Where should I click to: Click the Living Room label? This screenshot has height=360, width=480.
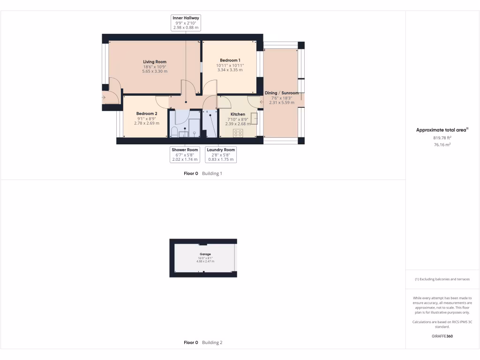pyautogui.click(x=155, y=62)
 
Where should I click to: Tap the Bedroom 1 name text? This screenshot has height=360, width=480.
pyautogui.click(x=230, y=60)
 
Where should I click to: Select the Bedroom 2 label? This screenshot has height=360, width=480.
pyautogui.click(x=147, y=114)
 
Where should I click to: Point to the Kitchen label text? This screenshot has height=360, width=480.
pyautogui.click(x=238, y=114)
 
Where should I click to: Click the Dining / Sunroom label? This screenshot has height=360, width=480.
pyautogui.click(x=281, y=93)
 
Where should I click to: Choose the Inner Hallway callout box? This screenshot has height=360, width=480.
pyautogui.click(x=186, y=22)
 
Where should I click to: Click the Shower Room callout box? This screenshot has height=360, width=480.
pyautogui.click(x=185, y=155)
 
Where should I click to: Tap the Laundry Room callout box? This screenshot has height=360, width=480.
pyautogui.click(x=221, y=155)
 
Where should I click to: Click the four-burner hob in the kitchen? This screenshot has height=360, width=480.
pyautogui.click(x=238, y=133)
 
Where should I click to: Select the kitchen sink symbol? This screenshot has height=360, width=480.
pyautogui.click(x=255, y=119)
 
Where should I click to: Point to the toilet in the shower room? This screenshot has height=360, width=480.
pyautogui.click(x=174, y=132)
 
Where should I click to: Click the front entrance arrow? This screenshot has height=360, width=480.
pyautogui.click(x=104, y=97)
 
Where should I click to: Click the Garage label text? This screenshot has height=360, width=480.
pyautogui.click(x=205, y=254)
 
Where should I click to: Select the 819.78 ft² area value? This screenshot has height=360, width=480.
pyautogui.click(x=442, y=138)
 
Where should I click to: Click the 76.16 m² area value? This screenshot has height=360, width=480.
pyautogui.click(x=442, y=145)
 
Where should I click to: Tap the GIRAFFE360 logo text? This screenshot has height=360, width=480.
pyautogui.click(x=442, y=336)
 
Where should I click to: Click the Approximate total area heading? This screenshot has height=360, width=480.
pyautogui.click(x=442, y=130)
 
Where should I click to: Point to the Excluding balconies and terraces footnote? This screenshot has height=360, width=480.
pyautogui.click(x=442, y=279)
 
